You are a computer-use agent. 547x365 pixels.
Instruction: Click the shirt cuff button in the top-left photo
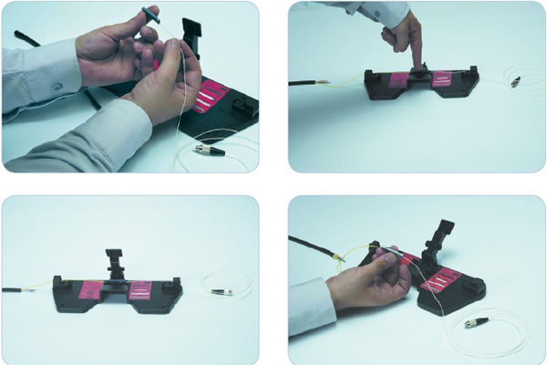[57, 86]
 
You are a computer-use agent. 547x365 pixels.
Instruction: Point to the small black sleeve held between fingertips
[149, 12]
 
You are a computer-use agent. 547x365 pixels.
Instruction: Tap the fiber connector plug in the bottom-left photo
[219, 292]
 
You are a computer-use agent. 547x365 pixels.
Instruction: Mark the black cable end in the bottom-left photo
[14, 290]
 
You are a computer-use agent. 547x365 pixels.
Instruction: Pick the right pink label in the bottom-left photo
[141, 291]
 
